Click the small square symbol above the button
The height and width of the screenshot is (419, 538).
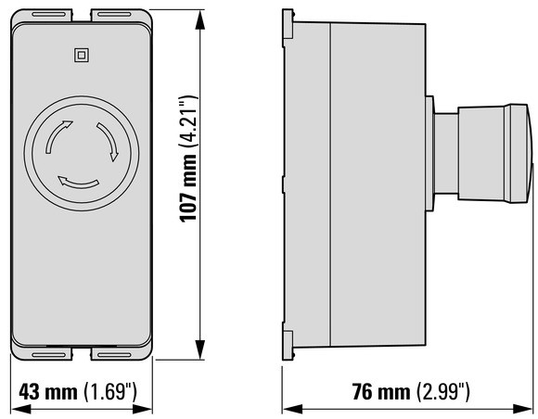click(82, 56)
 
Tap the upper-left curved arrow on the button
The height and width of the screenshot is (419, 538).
click(55, 133)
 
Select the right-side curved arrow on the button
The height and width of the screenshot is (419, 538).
click(109, 140)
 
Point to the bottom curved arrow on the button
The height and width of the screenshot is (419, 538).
click(78, 183)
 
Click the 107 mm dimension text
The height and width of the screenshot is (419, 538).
click(188, 188)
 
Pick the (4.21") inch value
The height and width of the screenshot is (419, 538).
click(188, 122)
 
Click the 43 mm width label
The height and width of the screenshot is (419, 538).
click(48, 392)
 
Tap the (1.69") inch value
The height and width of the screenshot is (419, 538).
click(110, 391)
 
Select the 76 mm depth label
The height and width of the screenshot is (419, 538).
click(381, 392)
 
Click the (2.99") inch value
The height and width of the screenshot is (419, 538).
click(443, 391)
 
